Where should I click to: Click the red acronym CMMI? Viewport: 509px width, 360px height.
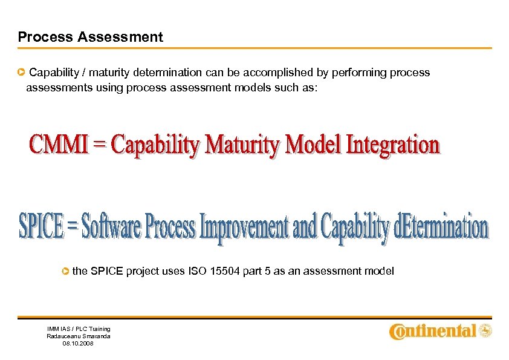(x=55, y=145)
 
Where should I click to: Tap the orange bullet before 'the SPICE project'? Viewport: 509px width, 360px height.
(x=65, y=272)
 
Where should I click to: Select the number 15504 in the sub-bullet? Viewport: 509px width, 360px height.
(x=225, y=271)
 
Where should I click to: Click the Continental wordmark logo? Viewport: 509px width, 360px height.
(x=432, y=331)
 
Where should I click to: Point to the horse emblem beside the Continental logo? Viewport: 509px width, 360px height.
(x=485, y=330)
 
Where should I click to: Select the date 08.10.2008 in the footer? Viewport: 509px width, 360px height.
(x=79, y=343)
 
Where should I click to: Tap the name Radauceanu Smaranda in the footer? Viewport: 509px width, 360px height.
(x=79, y=336)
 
